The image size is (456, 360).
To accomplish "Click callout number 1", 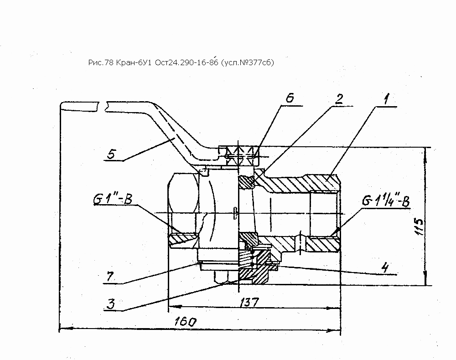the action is pyautogui.click(x=385, y=99).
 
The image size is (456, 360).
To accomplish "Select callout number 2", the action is pyautogui.click(x=339, y=99).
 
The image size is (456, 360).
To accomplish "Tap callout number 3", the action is pyautogui.click(x=111, y=303).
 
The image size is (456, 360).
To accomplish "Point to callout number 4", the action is pyautogui.click(x=385, y=267).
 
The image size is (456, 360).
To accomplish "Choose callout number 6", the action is pyautogui.click(x=290, y=98).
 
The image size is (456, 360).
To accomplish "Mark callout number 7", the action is pyautogui.click(x=110, y=276).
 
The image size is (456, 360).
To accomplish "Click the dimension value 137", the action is pyautogui.click(x=249, y=302).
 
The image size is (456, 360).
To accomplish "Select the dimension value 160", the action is pyautogui.click(x=185, y=322).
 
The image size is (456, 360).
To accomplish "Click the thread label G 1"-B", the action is pyautogui.click(x=113, y=199).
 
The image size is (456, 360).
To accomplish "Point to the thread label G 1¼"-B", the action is pyautogui.click(x=386, y=201).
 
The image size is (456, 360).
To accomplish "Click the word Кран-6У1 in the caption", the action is pyautogui.click(x=134, y=62).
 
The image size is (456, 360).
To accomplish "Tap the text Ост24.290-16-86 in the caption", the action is pyautogui.click(x=187, y=62).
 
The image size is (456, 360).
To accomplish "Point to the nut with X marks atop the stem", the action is pyautogui.click(x=238, y=156).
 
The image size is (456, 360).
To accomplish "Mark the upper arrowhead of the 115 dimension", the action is pyautogui.click(x=425, y=154).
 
